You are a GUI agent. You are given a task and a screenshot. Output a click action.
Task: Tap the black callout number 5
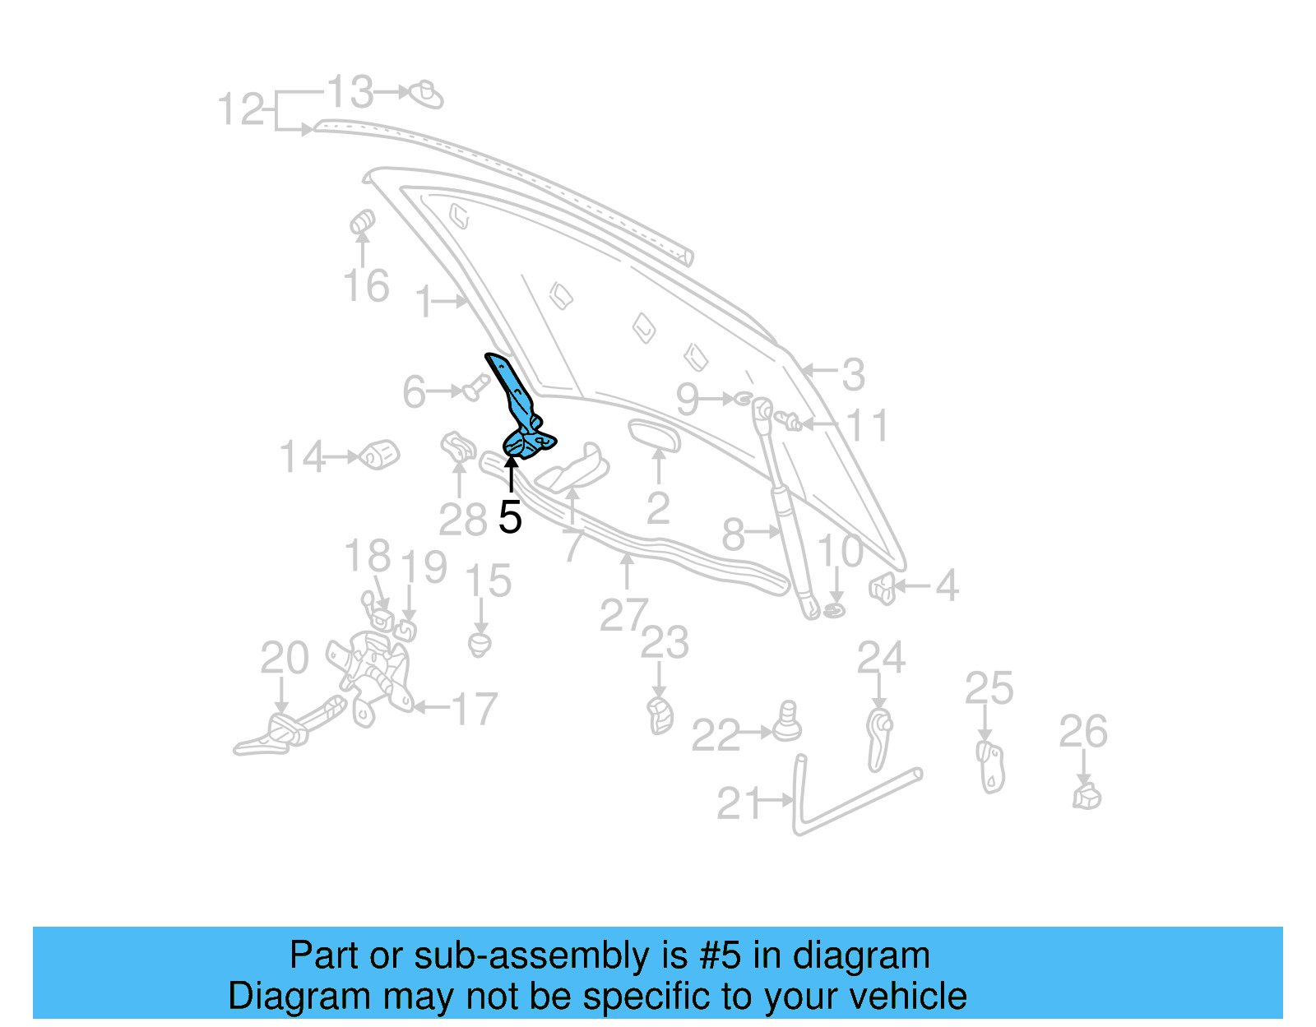pos(510,517)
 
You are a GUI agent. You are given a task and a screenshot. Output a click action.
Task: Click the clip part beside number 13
pos(426,95)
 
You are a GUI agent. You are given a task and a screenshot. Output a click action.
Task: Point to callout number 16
pos(366,286)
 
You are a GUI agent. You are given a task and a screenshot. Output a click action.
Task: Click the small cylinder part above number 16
pos(362,222)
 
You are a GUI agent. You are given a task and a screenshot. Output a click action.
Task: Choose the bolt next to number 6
pos(474,386)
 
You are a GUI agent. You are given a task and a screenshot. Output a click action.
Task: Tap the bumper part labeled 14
pos(379,454)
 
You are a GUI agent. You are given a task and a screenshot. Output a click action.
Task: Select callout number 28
pos(462,520)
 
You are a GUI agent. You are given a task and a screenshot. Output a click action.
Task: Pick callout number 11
pos(867,426)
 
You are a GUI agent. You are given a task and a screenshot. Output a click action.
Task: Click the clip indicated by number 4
pos(882,588)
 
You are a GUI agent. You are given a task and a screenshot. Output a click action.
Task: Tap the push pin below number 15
pos(480,643)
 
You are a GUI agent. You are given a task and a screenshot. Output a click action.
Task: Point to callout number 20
pos(285,658)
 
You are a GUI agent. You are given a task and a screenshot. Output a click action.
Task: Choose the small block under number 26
pos(1087,796)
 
